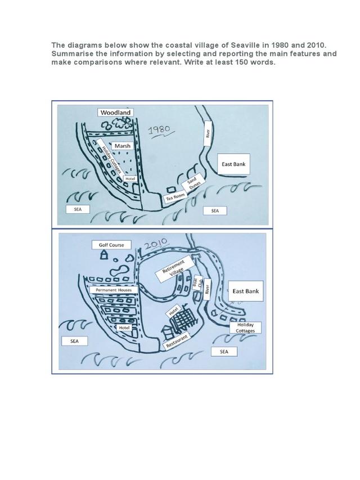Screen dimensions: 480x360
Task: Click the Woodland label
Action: [x=115, y=113]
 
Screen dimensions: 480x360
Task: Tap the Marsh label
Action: [x=122, y=146]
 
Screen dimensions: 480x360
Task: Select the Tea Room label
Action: [x=174, y=197]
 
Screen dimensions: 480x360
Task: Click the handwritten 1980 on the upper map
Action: [x=158, y=131]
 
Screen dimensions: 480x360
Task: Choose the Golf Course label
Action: [x=111, y=245]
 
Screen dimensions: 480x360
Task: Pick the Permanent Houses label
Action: [x=113, y=290]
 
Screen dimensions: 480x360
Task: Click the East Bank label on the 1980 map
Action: [x=233, y=164]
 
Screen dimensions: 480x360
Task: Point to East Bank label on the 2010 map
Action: [x=245, y=291]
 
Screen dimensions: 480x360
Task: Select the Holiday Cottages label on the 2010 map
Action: [x=245, y=328]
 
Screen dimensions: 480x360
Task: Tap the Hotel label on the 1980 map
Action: [x=130, y=178]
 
